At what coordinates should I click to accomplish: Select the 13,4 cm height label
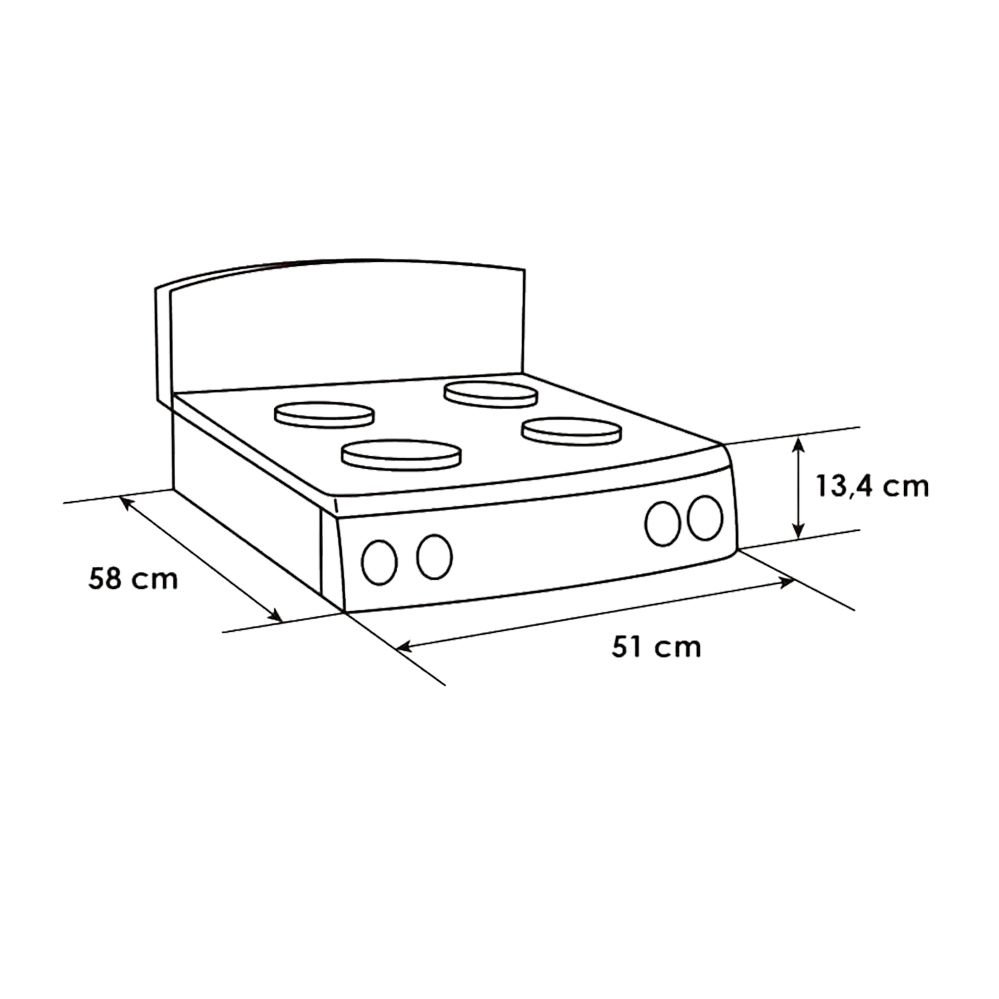[872, 487]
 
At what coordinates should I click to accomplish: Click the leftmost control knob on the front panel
[380, 563]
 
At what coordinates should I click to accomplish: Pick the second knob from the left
[434, 556]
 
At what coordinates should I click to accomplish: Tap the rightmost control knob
[705, 517]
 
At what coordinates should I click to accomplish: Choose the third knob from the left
[663, 523]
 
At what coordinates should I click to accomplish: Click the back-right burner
[490, 394]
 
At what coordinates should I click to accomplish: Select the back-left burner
[324, 415]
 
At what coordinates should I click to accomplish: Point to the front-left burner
[401, 455]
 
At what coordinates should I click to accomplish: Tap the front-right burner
[571, 431]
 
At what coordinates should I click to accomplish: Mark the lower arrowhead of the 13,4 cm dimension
[800, 531]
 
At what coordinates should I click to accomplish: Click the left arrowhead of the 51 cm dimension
[404, 646]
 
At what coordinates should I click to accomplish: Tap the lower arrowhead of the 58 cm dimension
[276, 616]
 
